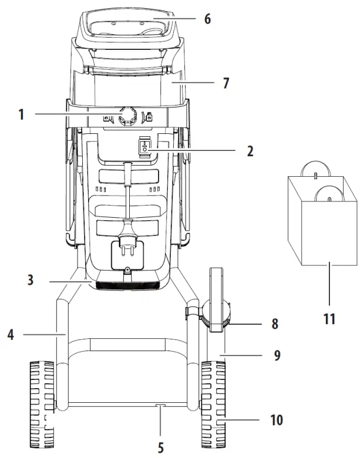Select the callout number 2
(x=250, y=151)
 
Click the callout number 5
(x=161, y=448)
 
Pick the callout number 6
(x=207, y=18)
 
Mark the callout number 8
(x=275, y=323)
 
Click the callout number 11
(x=329, y=319)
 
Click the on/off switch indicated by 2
(x=145, y=148)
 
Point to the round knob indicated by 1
(x=127, y=116)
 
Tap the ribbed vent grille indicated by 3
(x=127, y=287)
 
